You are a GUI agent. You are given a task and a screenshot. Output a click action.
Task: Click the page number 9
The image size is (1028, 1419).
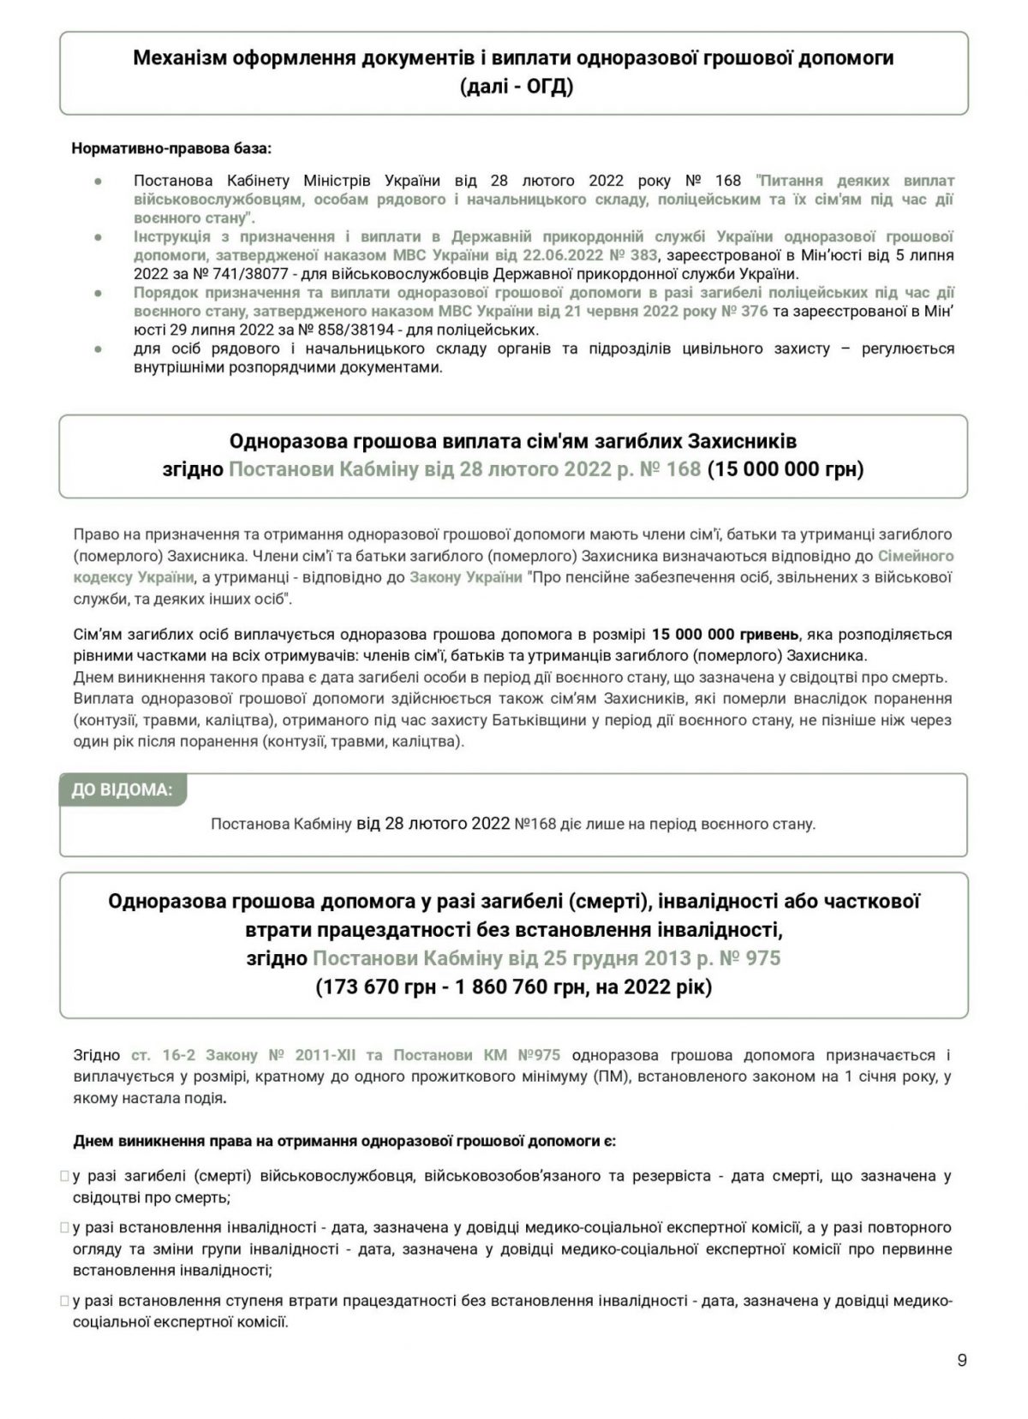point(962,1360)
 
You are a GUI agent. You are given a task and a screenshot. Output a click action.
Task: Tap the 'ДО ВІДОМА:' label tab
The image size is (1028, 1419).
point(122,790)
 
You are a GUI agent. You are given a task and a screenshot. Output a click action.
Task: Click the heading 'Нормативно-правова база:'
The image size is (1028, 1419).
point(171,148)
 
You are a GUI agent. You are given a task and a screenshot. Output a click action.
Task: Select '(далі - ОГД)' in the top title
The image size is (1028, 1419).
point(514,87)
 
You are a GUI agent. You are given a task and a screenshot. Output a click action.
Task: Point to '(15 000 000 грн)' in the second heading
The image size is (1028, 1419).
point(786,469)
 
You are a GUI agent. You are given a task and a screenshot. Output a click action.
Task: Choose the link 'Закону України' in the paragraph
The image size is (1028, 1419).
point(466,577)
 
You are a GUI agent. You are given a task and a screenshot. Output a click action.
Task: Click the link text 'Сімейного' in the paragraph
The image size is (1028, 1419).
point(915,556)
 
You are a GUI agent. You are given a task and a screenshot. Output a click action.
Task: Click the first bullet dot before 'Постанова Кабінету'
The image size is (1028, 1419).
point(98,182)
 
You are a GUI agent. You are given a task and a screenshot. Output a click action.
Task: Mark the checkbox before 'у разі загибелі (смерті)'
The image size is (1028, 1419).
point(64,1177)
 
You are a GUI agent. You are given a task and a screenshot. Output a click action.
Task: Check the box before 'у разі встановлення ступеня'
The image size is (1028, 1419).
point(64,1302)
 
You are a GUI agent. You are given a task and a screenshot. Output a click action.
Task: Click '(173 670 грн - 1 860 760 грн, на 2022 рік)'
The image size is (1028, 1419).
point(514,987)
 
